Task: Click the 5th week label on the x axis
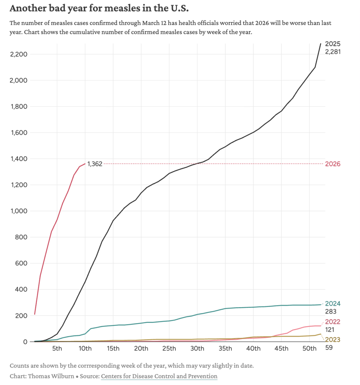[x=57, y=349]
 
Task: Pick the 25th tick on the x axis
[x=169, y=349]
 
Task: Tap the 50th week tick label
[x=309, y=349]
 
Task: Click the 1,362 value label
[x=95, y=164]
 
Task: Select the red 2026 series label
[x=333, y=164]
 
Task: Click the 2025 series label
[x=333, y=44]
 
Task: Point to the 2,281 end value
[x=333, y=52]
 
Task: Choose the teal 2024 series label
[x=333, y=304]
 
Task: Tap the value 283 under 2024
[x=331, y=312]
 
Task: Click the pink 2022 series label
[x=333, y=322]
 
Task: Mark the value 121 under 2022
[x=330, y=330]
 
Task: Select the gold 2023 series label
[x=333, y=340]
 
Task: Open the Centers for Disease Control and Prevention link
[x=159, y=376]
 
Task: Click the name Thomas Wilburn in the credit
[x=51, y=376]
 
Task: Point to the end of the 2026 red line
[x=85, y=163]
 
